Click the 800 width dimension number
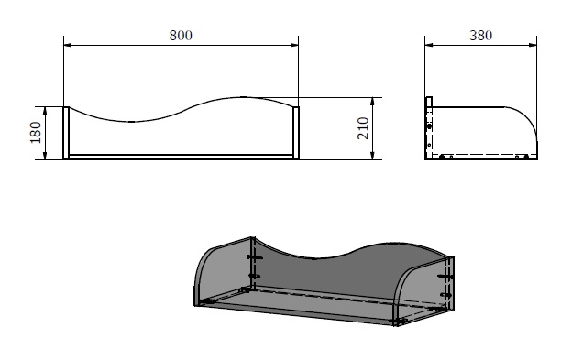[181, 36]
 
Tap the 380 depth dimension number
[481, 36]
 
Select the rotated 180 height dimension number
[36, 132]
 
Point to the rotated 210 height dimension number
[363, 128]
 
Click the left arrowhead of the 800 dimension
[68, 45]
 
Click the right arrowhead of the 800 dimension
[294, 45]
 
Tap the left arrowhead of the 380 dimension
[429, 45]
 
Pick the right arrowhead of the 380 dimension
[533, 45]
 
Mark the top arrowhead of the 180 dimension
[45, 111]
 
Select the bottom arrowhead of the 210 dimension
[372, 155]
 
